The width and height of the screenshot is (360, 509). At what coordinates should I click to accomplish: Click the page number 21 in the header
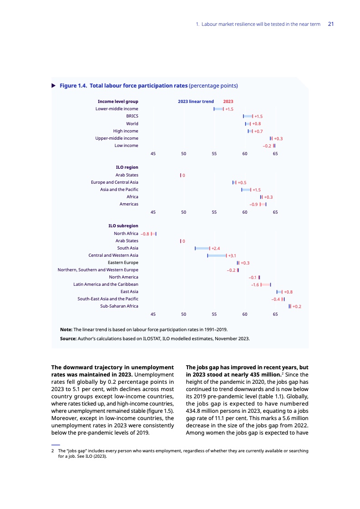coord(330,24)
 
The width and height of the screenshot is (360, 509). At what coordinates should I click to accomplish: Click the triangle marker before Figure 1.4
coord(54,85)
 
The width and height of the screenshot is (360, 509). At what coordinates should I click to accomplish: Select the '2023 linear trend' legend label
coord(196,102)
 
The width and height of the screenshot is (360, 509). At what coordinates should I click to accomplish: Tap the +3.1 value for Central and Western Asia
coord(232,256)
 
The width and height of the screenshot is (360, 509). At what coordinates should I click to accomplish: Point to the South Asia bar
coord(202,248)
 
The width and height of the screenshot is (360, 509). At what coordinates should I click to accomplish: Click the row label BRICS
coord(132,116)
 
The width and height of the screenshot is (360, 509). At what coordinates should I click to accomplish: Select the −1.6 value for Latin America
coord(255,285)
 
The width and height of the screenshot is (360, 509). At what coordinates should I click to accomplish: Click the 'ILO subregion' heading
coord(123,225)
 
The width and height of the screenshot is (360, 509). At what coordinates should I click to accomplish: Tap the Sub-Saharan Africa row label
coord(119,306)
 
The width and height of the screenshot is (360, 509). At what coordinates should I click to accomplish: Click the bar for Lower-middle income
coord(218,109)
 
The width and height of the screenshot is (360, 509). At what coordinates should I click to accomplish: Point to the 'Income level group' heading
coord(118,102)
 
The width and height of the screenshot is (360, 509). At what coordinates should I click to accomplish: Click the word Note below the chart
coord(66,329)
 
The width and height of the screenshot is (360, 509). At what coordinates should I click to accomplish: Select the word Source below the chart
coord(69,338)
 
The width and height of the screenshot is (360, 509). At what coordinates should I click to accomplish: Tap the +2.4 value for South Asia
coord(216,249)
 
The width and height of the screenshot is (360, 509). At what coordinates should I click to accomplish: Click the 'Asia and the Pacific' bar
coord(246,190)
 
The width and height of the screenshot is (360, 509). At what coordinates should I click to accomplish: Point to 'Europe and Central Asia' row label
coord(114,182)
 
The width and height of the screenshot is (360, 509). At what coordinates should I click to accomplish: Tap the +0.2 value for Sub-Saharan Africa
coord(297,307)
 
